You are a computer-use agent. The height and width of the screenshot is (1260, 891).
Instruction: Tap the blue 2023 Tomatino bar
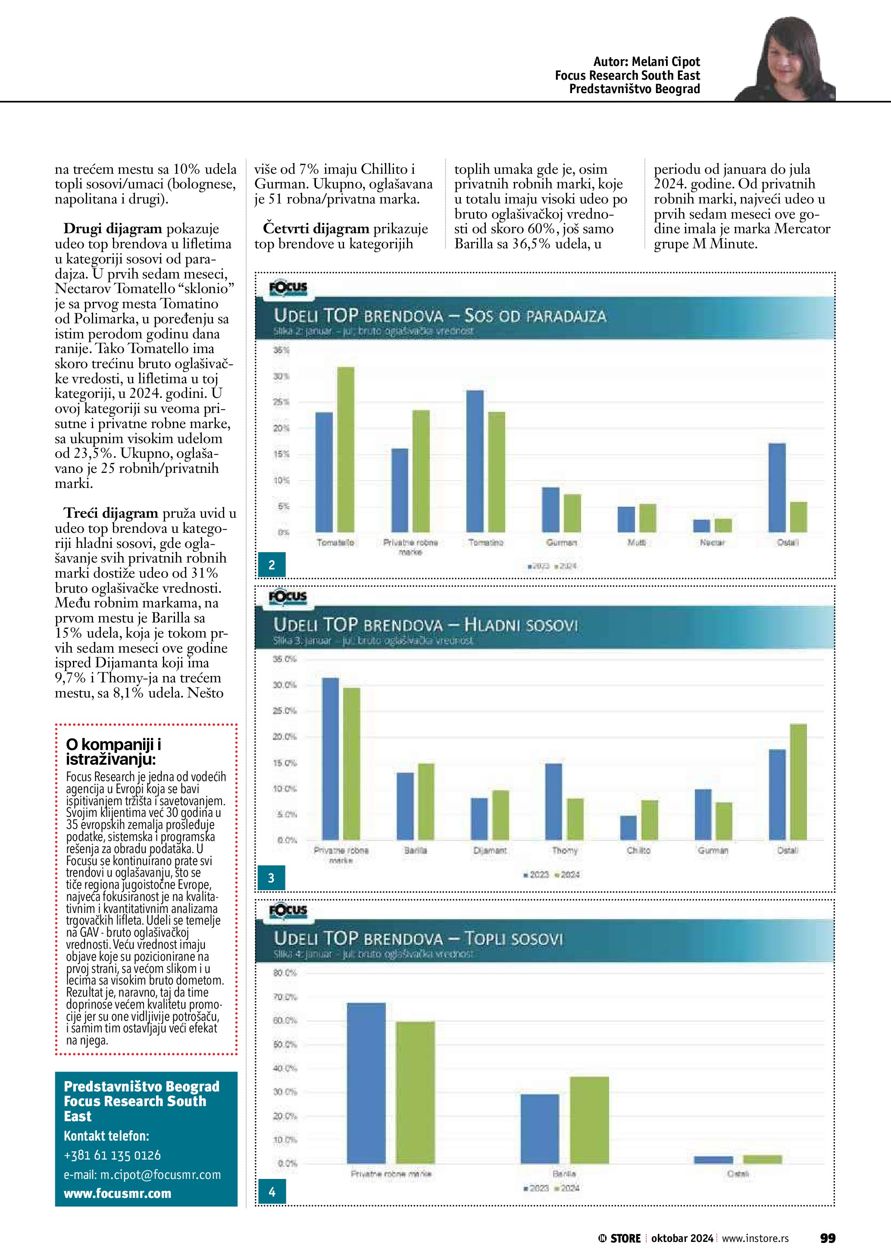(x=475, y=461)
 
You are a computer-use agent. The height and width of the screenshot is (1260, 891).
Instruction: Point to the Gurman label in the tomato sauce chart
(x=561, y=542)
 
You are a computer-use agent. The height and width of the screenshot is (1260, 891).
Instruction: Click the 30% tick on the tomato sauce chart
(x=281, y=376)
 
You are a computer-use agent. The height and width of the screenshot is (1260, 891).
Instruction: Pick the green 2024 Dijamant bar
(x=500, y=815)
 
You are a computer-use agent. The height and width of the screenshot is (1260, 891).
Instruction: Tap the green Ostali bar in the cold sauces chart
(x=798, y=782)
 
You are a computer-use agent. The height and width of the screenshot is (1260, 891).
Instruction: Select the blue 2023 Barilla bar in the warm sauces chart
(x=540, y=1129)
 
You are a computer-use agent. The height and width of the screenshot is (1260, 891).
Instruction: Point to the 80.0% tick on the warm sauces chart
(x=285, y=973)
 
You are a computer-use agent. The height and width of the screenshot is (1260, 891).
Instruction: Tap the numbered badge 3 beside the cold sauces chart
(x=271, y=878)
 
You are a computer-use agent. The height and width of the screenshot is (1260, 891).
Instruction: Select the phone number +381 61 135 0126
(x=113, y=1155)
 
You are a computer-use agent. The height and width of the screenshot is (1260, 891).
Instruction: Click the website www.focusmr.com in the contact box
(x=117, y=1194)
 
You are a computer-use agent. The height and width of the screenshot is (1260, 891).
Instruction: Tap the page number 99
(x=827, y=1238)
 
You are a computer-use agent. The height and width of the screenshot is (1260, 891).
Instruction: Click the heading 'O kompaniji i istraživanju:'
(x=113, y=752)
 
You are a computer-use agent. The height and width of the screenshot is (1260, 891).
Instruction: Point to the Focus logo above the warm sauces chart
(x=288, y=911)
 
